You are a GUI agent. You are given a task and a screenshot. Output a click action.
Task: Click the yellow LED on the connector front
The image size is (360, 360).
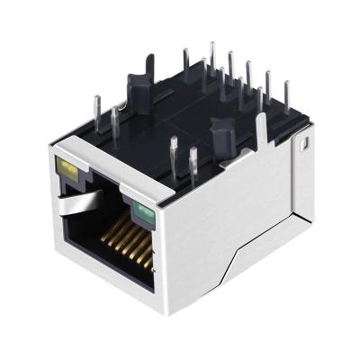pyautogui.click(x=65, y=167)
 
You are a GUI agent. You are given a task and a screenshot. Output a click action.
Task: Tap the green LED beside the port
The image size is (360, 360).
pyautogui.click(x=141, y=214)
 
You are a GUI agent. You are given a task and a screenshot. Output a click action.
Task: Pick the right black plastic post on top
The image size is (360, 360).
pyautogui.click(x=220, y=134)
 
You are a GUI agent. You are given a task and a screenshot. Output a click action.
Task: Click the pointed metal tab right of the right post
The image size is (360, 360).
pyautogui.click(x=261, y=135)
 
